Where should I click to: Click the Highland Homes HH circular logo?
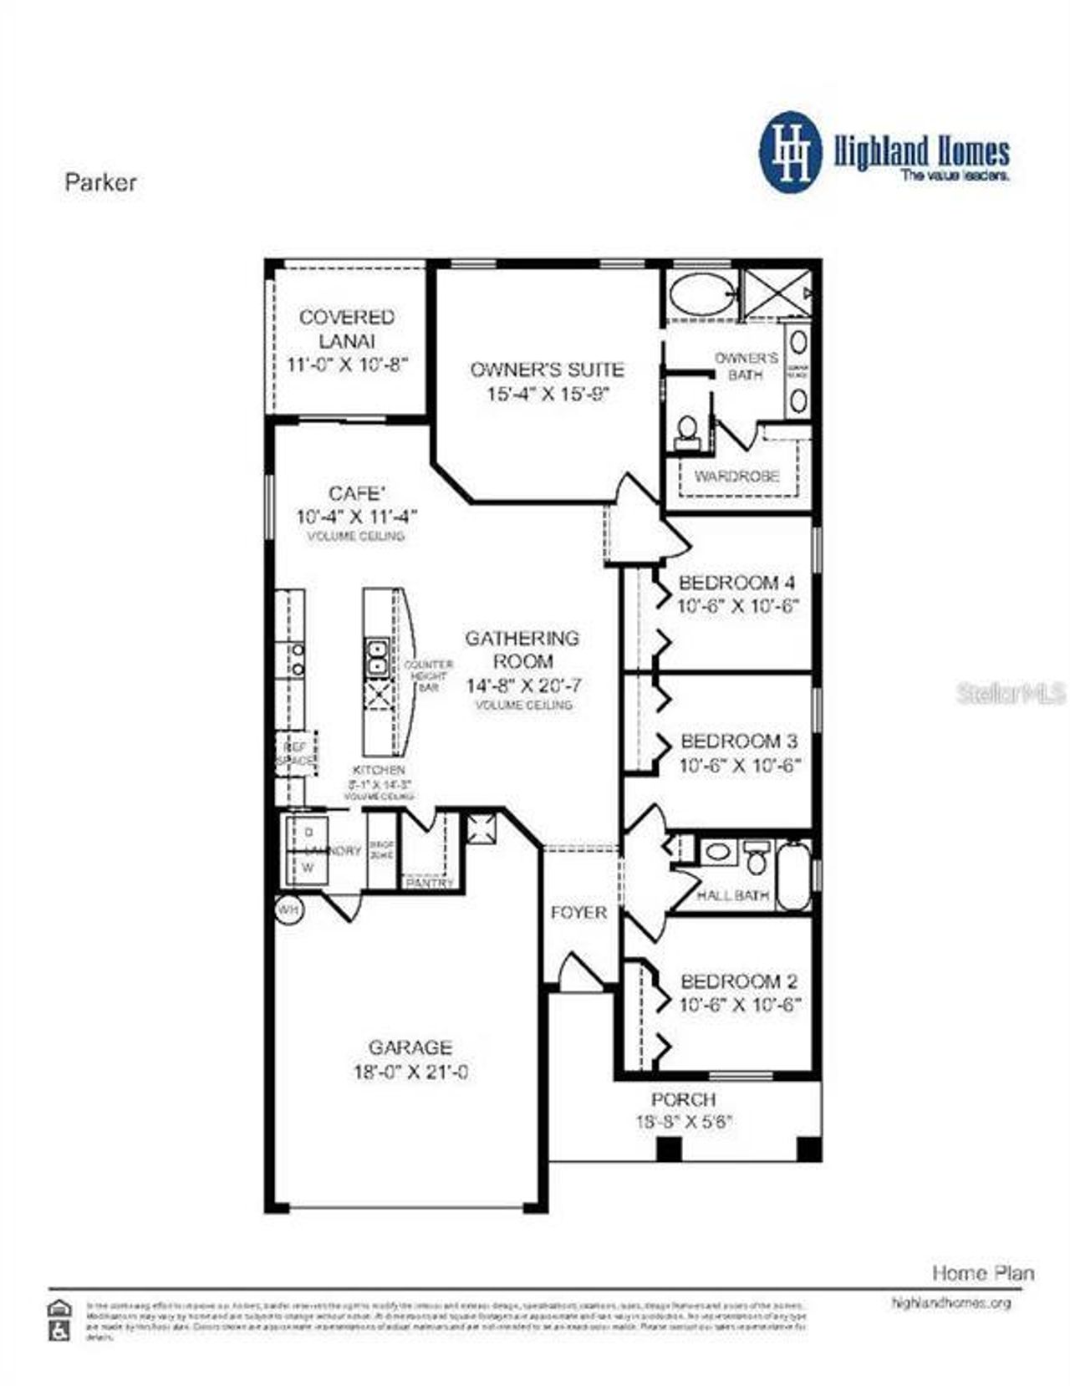[x=790, y=152]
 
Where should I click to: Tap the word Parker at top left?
[x=100, y=182]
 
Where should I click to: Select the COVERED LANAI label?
[x=347, y=329]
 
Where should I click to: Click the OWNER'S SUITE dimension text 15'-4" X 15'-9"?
[x=548, y=394]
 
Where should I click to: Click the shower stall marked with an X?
[x=777, y=293]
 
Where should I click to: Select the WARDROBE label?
[x=736, y=476]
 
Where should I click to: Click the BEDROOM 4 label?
[x=736, y=583]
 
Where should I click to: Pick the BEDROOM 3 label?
[x=739, y=741]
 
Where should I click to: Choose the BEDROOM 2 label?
[x=739, y=981]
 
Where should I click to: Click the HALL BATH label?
[x=732, y=895]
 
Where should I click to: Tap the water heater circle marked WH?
[x=288, y=910]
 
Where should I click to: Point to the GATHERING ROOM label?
[x=522, y=650]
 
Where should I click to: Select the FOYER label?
[x=578, y=912]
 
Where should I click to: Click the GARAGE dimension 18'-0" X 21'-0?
[x=410, y=1073]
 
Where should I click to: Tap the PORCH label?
[x=683, y=1099]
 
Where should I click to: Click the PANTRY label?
[x=430, y=883]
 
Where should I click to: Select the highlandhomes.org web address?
[x=951, y=1302]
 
